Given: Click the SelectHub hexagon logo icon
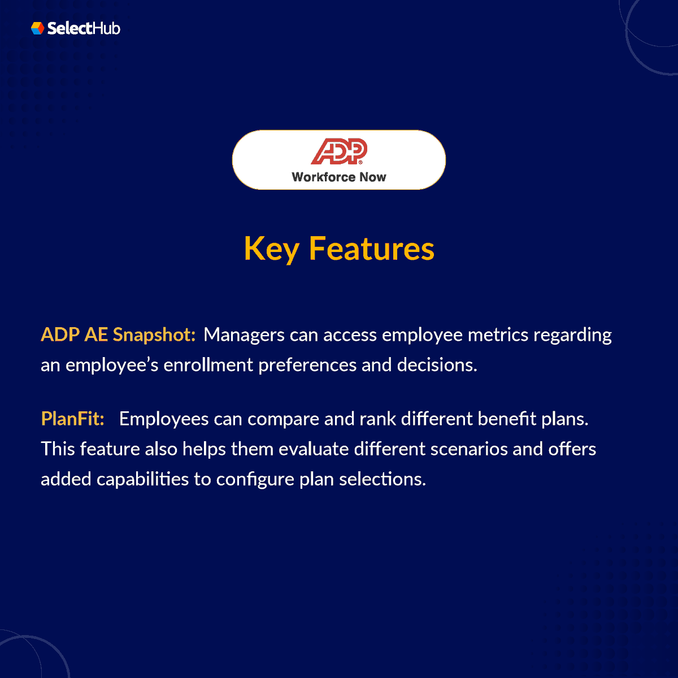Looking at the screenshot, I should (x=37, y=28).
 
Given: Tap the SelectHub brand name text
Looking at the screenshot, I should (x=84, y=28).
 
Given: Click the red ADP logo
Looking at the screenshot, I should (x=339, y=151).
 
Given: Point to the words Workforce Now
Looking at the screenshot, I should (x=339, y=177).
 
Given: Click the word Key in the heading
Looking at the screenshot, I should (x=271, y=249).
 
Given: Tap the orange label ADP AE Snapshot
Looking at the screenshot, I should (x=118, y=334).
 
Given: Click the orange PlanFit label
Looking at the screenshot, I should (x=72, y=419).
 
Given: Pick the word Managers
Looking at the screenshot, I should (x=244, y=334).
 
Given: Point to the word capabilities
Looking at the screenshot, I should (x=143, y=479).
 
